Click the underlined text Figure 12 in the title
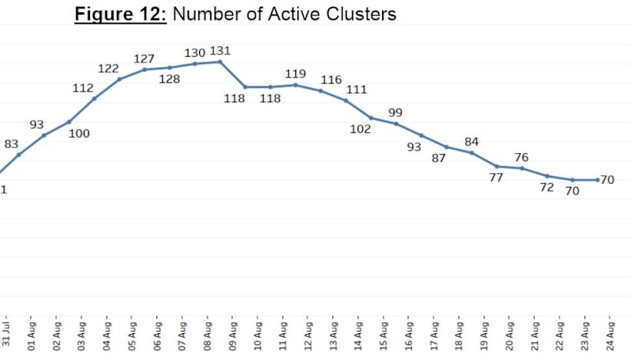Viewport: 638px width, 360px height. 120,15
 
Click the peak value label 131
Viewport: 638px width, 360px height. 220,52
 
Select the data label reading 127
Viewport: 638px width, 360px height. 144,58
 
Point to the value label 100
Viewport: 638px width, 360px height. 79,133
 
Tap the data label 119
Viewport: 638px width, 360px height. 295,74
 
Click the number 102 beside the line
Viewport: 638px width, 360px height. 360,128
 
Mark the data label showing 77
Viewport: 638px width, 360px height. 496,177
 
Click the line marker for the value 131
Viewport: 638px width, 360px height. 220,62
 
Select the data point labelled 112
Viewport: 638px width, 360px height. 94,98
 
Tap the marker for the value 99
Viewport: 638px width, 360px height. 396,123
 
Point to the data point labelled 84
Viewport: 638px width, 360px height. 471,152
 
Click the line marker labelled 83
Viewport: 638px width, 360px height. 18,155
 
